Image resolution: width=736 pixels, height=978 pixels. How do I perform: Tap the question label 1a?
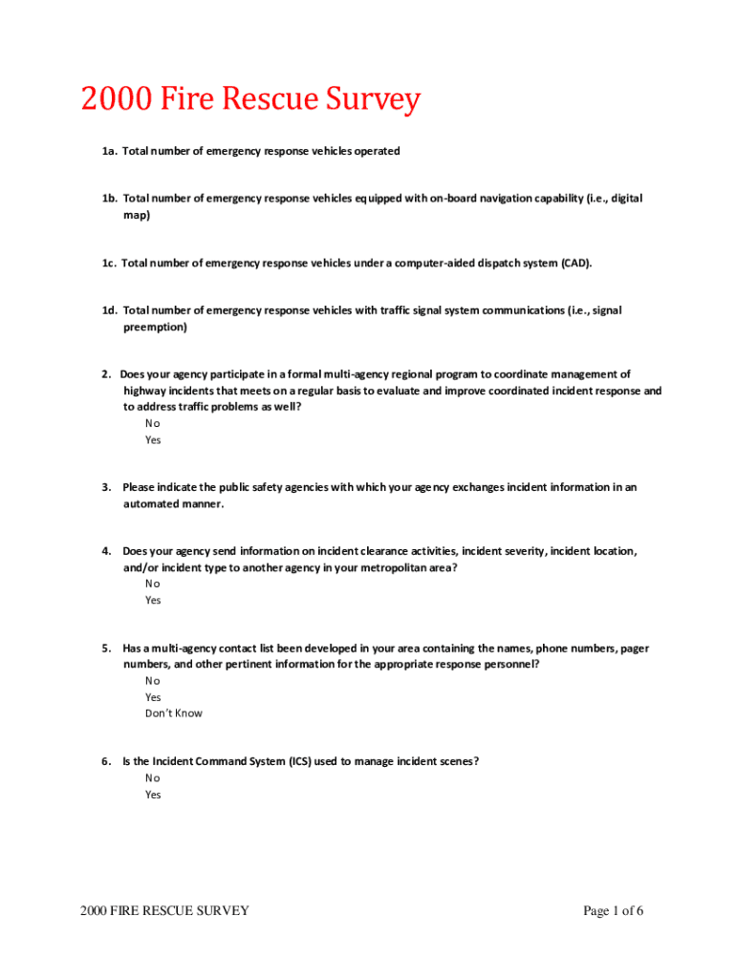click(x=110, y=151)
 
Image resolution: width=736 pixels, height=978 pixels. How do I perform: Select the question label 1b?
click(x=110, y=199)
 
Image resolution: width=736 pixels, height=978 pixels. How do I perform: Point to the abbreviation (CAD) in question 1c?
click(x=575, y=263)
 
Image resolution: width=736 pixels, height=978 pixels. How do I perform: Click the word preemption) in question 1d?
click(x=155, y=328)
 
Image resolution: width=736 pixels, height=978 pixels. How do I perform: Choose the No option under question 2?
click(x=153, y=423)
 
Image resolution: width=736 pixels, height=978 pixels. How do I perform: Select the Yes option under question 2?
click(x=153, y=440)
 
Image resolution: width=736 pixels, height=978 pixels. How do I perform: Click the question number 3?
click(x=107, y=487)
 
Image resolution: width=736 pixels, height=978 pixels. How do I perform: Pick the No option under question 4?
click(x=153, y=584)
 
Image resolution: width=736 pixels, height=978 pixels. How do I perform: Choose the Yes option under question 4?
click(x=153, y=601)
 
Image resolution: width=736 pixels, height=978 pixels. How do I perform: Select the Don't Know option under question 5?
click(x=174, y=713)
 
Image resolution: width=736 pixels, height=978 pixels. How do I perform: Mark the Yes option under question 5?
click(x=153, y=697)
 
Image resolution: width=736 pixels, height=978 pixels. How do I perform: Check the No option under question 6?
click(x=153, y=777)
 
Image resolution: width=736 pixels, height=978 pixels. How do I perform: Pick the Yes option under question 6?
click(x=153, y=795)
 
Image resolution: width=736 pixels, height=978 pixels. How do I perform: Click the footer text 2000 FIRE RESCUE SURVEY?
click(x=165, y=911)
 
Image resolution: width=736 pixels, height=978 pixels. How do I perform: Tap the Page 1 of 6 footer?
click(x=613, y=911)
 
